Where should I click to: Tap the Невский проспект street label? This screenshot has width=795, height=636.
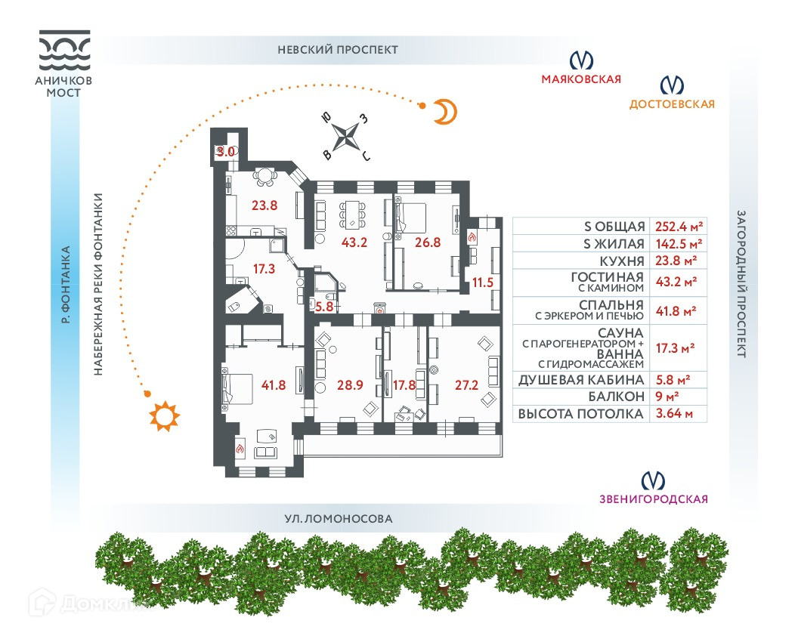[338, 50]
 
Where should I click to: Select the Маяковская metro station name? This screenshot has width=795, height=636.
[580, 79]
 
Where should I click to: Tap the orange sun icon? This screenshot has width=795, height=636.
[164, 417]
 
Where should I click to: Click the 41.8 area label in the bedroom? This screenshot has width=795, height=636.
[272, 385]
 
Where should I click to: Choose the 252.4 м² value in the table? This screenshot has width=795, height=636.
[676, 227]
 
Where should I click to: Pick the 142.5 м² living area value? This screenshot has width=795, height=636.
[676, 244]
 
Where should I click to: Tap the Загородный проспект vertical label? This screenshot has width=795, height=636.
[741, 283]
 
